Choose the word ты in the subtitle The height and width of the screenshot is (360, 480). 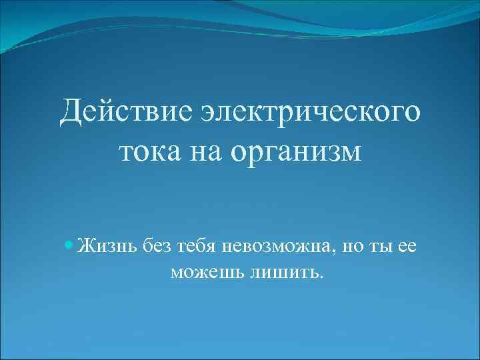[382, 246]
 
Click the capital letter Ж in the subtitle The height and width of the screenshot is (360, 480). [85, 246]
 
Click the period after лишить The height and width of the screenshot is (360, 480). [322, 276]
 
